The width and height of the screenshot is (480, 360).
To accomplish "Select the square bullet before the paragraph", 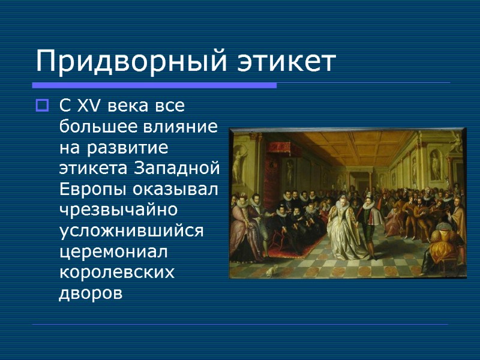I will [41, 107].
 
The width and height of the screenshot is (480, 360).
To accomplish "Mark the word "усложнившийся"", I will [132, 231].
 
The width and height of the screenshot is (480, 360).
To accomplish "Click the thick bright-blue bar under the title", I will [154, 85].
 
